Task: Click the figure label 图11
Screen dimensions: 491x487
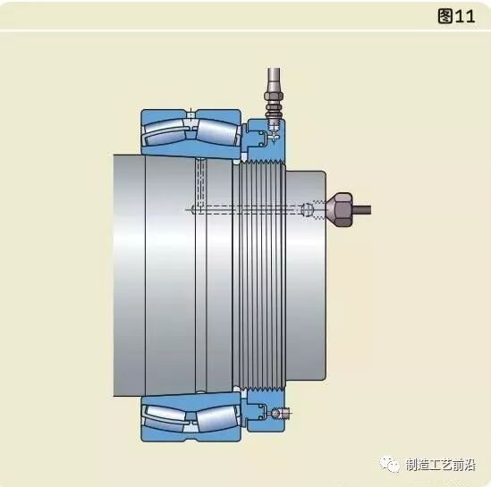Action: point(456,16)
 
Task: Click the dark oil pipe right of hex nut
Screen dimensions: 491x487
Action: point(362,210)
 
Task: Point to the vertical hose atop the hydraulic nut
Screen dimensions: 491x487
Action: point(274,80)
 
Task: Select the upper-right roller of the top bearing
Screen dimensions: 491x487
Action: point(216,131)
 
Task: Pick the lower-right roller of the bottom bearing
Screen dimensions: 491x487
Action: point(216,418)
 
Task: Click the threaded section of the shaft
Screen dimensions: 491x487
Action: point(259,275)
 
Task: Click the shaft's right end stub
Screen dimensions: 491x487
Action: point(306,275)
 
